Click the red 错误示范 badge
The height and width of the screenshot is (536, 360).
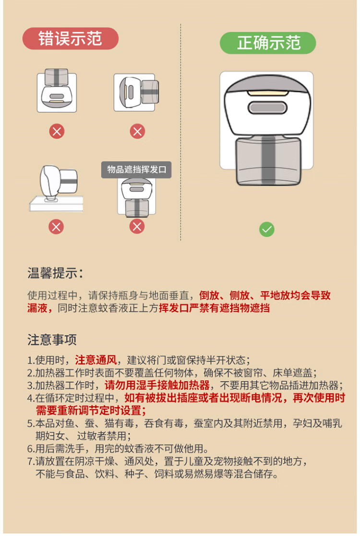71,38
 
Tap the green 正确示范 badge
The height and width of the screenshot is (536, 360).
268,43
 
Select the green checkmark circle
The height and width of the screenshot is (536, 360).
267,230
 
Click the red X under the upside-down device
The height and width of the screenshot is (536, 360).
57,131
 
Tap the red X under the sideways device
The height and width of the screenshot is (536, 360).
138,131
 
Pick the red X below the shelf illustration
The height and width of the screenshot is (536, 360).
56,227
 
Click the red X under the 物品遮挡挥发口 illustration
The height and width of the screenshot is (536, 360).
137,226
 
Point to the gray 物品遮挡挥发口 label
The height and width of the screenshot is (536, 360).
136,170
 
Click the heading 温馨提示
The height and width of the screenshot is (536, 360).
55,273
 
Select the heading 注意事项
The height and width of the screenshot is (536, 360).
52,340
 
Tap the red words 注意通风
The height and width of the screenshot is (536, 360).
96,360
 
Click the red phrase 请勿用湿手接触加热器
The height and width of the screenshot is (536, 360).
157,385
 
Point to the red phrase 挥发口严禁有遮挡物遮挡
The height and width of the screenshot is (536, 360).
214,308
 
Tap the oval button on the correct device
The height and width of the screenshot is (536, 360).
267,108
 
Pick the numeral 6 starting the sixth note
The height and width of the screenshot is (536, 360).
30,449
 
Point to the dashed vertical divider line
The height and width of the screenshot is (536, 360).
180,132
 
